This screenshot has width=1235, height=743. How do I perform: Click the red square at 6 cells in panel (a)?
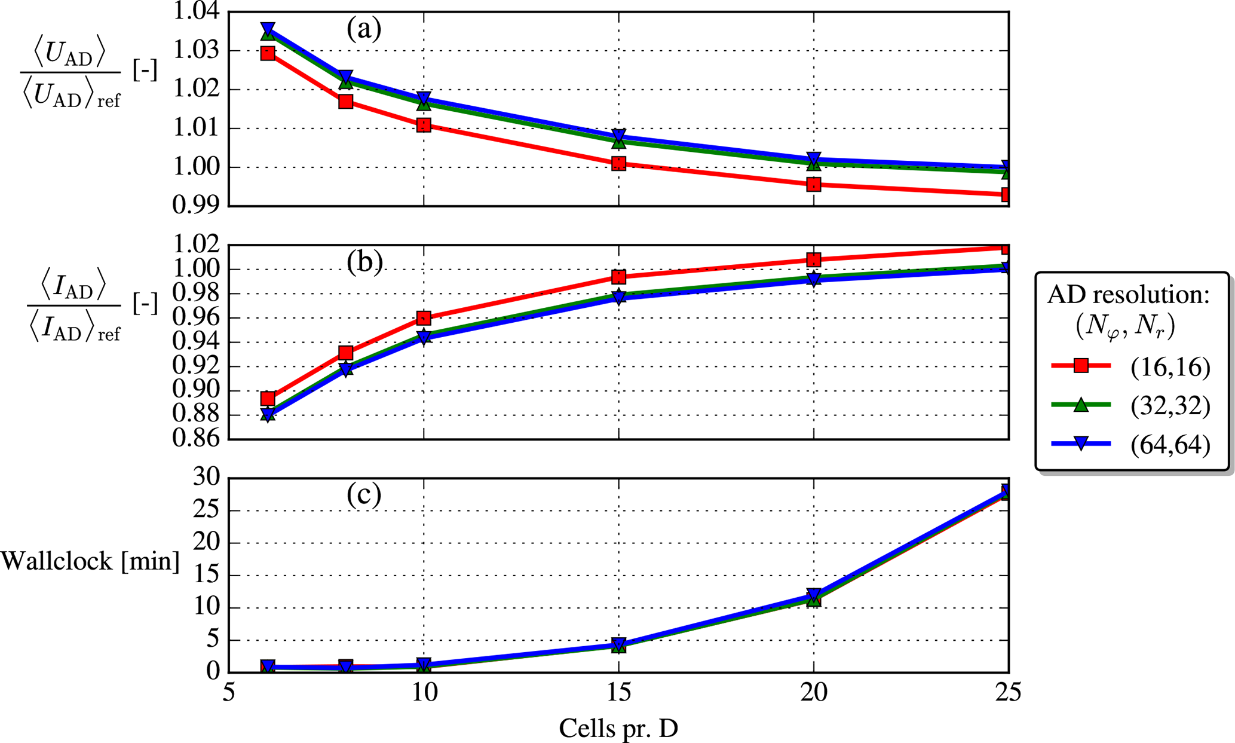point(268,53)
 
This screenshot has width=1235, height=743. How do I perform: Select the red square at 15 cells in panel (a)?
point(618,163)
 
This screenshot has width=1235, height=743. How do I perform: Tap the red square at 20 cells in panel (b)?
point(813,259)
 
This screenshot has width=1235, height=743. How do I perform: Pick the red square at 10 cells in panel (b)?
point(424,317)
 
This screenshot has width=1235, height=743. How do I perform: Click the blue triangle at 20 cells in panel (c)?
point(813,595)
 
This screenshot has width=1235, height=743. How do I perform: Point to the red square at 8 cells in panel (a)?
point(345,102)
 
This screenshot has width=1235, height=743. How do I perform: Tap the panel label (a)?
point(364,29)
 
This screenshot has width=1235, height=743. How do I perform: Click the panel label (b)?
point(364,262)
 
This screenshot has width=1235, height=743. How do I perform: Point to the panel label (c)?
point(364,495)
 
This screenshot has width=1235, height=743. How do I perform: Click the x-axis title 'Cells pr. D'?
point(618,728)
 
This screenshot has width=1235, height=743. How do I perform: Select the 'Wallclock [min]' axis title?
point(90,561)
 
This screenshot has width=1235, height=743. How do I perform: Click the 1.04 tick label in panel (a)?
point(195,12)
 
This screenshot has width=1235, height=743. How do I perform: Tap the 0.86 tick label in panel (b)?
point(195,439)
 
